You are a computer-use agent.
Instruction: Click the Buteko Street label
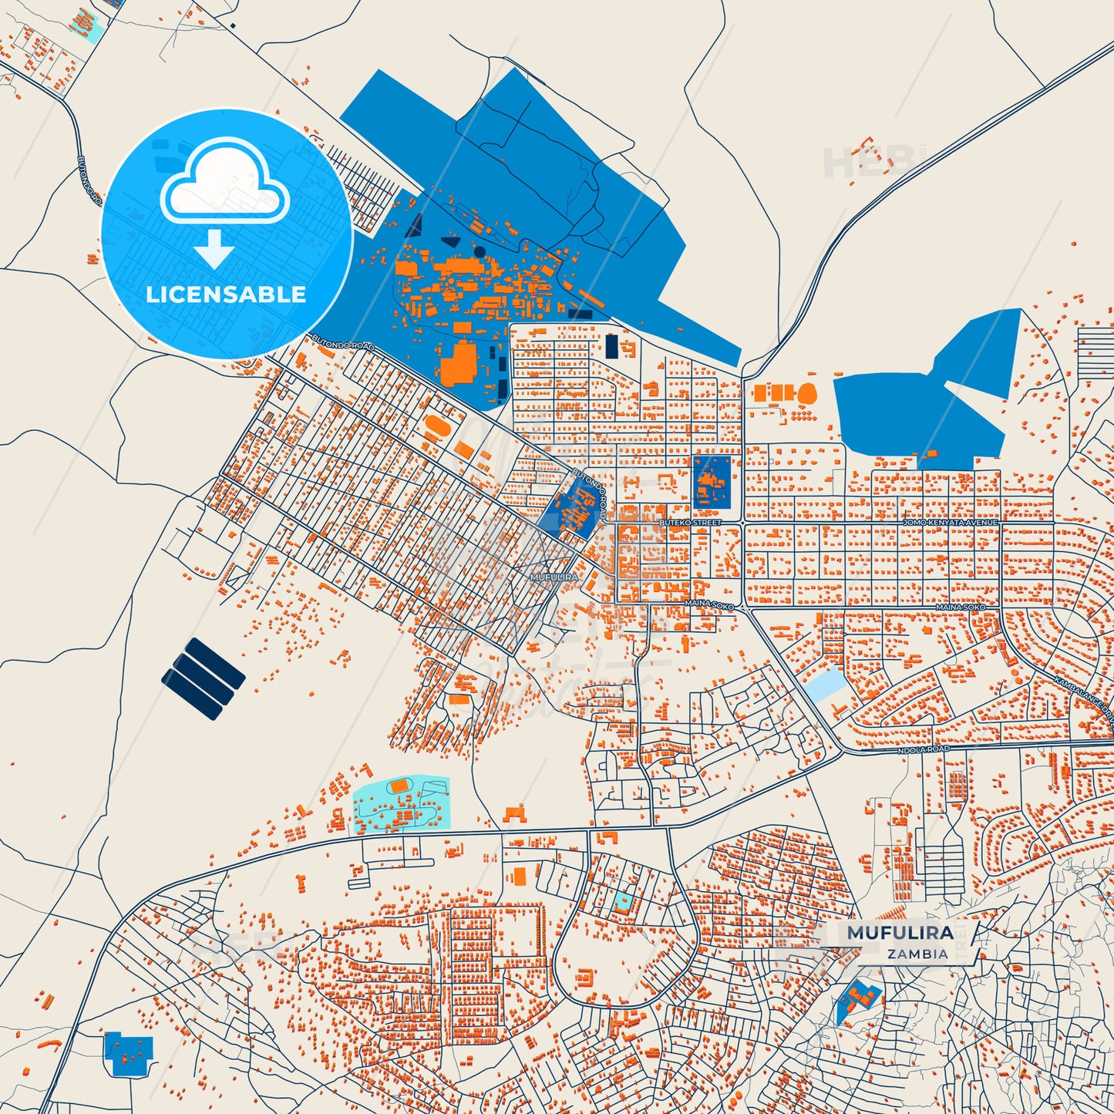tap(689, 523)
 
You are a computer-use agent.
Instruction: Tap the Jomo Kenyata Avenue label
tap(950, 523)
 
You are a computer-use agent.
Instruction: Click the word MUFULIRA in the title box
tap(900, 933)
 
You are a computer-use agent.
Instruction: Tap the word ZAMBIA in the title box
tap(917, 954)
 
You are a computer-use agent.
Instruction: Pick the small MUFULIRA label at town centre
tap(554, 577)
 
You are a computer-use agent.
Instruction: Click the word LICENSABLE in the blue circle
tap(226, 294)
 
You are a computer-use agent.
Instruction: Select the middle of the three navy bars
tap(203, 679)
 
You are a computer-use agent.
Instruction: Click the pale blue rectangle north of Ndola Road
tap(825, 684)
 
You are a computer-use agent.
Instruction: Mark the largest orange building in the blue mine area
tap(459, 362)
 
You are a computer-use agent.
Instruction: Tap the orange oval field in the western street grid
tap(436, 425)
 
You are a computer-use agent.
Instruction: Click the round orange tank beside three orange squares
tap(806, 394)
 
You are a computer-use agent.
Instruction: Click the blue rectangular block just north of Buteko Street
tap(711, 482)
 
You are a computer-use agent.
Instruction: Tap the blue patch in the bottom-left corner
tap(128, 1054)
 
